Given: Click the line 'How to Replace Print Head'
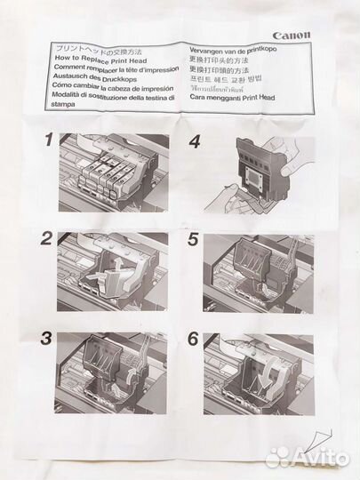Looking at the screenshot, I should pyautogui.click(x=97, y=58).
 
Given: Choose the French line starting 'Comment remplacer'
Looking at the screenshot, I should pyautogui.click(x=116, y=68).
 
